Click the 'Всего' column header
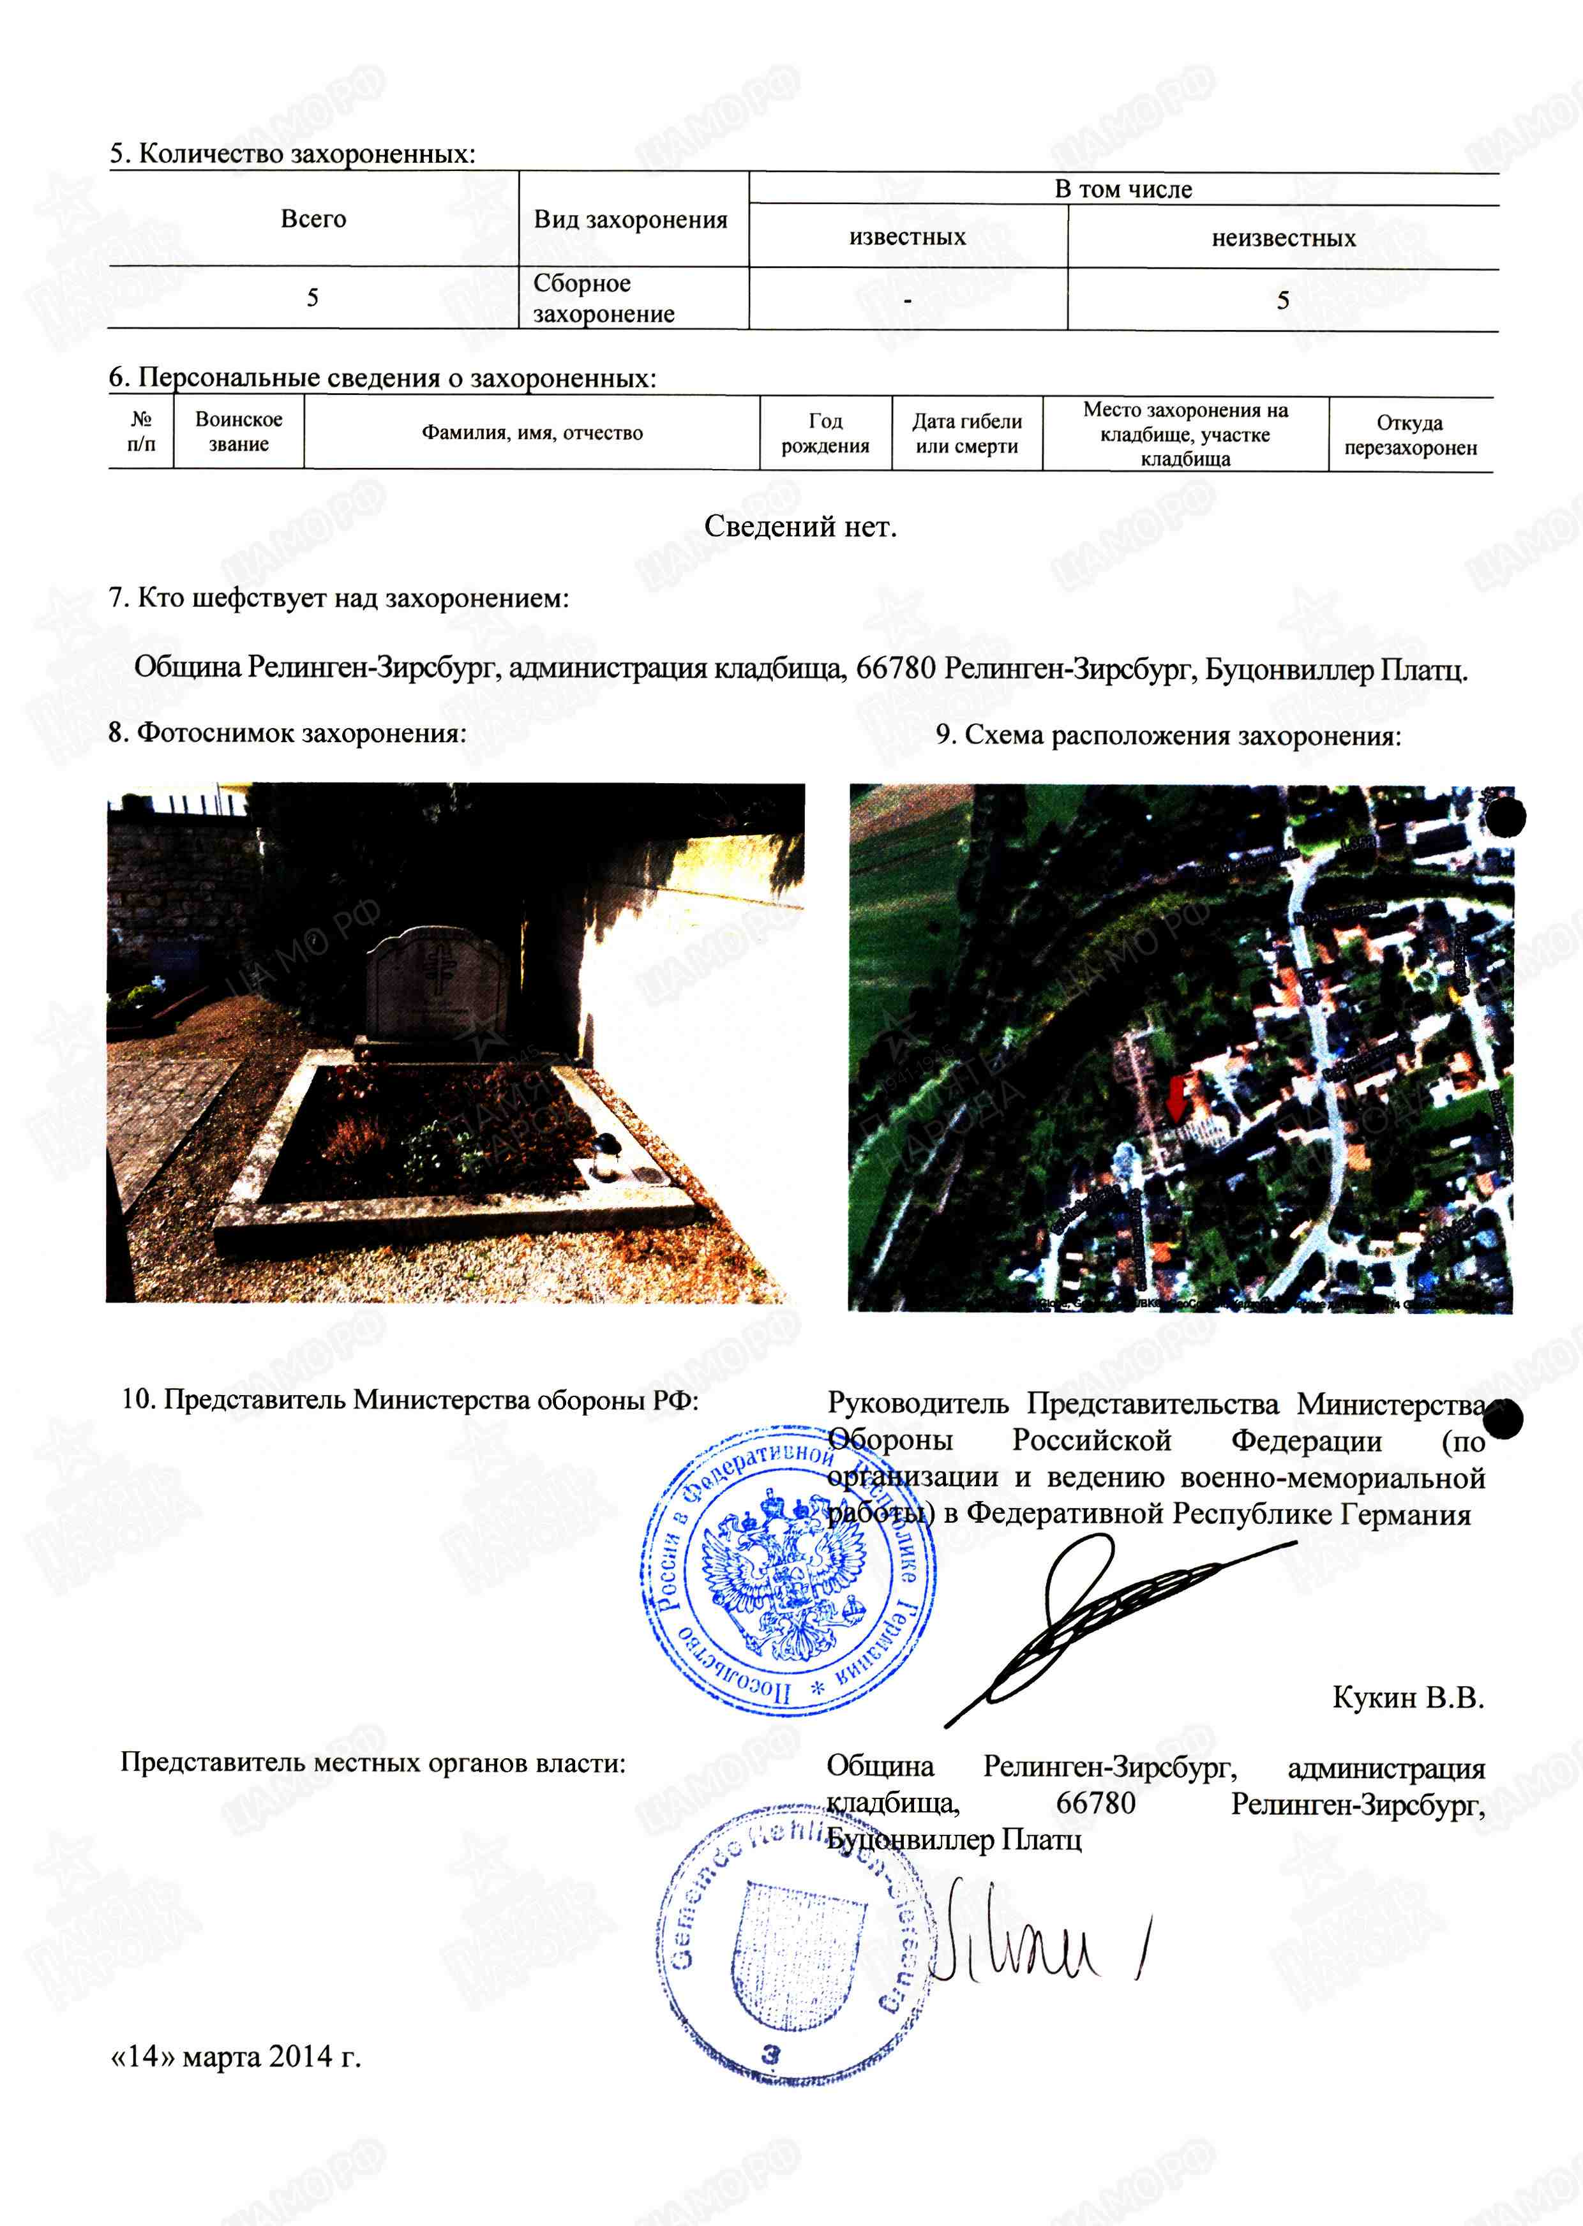(313, 218)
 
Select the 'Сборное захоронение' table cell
(604, 298)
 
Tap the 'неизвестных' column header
(1283, 238)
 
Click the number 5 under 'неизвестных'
(1283, 300)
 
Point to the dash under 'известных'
(908, 300)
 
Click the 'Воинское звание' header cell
(239, 432)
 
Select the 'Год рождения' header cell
(825, 433)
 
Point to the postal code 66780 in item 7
(895, 669)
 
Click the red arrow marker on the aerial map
(1176, 1098)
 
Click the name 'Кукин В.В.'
(1407, 1697)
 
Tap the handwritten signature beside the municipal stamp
(1033, 1939)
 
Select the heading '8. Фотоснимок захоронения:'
(287, 733)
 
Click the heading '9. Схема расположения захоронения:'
(1167, 736)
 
